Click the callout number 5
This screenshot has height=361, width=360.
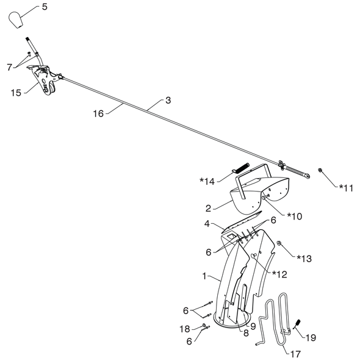pyautogui.click(x=45, y=7)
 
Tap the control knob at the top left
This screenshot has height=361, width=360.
pyautogui.click(x=16, y=20)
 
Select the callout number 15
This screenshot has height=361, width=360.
pyautogui.click(x=16, y=93)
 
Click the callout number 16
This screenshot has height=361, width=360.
pyautogui.click(x=98, y=113)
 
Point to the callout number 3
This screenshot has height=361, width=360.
pyautogui.click(x=168, y=101)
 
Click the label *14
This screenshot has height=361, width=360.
pyautogui.click(x=207, y=182)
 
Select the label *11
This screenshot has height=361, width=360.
pyautogui.click(x=346, y=188)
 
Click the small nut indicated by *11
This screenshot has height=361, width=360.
pyautogui.click(x=320, y=170)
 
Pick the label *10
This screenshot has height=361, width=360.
pyautogui.click(x=295, y=216)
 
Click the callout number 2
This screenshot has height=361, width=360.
pyautogui.click(x=208, y=209)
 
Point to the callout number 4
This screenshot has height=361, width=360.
pyautogui.click(x=207, y=224)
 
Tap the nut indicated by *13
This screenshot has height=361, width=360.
pyautogui.click(x=279, y=243)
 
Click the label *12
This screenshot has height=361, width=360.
pyautogui.click(x=279, y=274)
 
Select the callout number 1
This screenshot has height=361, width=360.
pyautogui.click(x=204, y=276)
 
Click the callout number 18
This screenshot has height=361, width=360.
pyautogui.click(x=185, y=329)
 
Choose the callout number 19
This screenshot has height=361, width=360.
pyautogui.click(x=311, y=337)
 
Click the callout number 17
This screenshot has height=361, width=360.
pyautogui.click(x=296, y=354)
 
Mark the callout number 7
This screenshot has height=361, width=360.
pyautogui.click(x=9, y=67)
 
